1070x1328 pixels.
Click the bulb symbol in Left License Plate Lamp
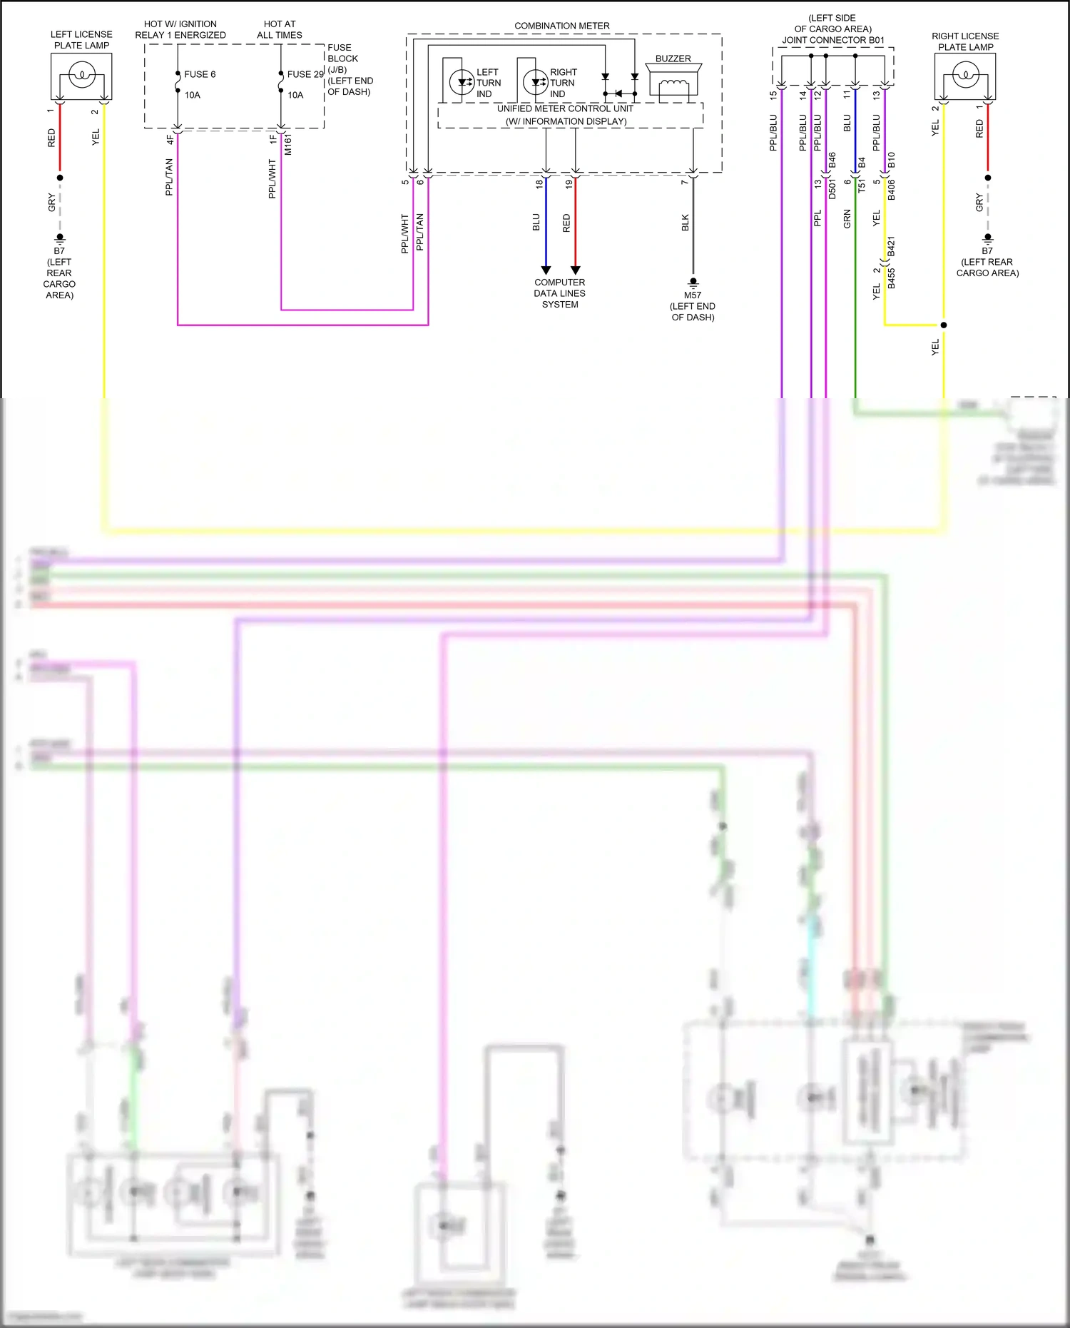click(82, 74)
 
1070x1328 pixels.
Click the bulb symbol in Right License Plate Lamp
click(965, 74)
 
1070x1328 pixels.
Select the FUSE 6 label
click(199, 74)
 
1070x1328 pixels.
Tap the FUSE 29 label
click(305, 74)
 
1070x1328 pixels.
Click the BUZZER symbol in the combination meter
click(673, 83)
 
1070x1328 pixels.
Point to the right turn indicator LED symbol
click(536, 82)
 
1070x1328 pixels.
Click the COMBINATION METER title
click(562, 26)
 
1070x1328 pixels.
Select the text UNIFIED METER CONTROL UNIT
click(565, 108)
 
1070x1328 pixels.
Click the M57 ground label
click(693, 295)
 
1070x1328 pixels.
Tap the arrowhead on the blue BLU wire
click(546, 270)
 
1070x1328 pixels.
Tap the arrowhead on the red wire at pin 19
click(575, 270)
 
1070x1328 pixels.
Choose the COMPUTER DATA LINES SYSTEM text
click(560, 293)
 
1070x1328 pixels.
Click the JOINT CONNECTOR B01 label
click(833, 40)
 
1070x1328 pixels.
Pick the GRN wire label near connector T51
click(847, 218)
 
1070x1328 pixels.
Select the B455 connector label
click(892, 278)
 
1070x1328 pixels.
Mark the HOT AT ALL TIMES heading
click(280, 29)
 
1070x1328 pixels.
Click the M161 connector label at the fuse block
click(288, 145)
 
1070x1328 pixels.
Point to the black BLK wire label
click(686, 223)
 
